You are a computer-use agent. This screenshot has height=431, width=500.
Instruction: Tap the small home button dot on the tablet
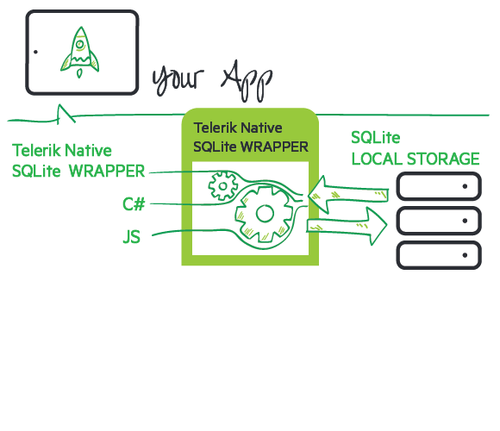click(x=35, y=52)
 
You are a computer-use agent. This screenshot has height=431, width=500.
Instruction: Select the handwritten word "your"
click(x=180, y=79)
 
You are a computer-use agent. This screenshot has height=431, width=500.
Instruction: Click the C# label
click(x=134, y=204)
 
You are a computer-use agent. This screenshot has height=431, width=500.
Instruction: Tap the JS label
click(x=132, y=236)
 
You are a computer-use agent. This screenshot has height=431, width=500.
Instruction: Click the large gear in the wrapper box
click(x=264, y=213)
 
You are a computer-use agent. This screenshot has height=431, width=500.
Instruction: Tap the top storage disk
click(x=437, y=186)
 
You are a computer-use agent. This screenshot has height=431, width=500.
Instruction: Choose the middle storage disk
click(x=437, y=221)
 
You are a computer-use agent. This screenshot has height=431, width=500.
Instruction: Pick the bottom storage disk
click(x=437, y=255)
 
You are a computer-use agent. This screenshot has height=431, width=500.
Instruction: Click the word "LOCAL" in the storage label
click(x=378, y=159)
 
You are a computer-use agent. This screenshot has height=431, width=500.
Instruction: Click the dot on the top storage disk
click(x=466, y=186)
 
